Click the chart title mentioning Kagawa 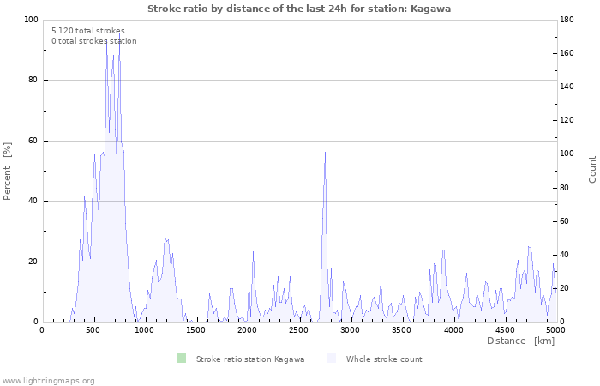[x=299, y=9]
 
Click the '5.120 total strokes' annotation [x=87, y=31]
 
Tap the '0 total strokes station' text [x=93, y=41]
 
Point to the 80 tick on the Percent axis [x=33, y=81]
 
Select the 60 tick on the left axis [x=33, y=141]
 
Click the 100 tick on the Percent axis [x=31, y=20]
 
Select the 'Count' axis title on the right [x=592, y=169]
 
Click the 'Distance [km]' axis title [x=520, y=341]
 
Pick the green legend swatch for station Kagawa [x=180, y=359]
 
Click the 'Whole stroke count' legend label [x=384, y=359]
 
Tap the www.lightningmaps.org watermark [x=48, y=380]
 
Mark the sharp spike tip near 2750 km [x=325, y=152]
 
